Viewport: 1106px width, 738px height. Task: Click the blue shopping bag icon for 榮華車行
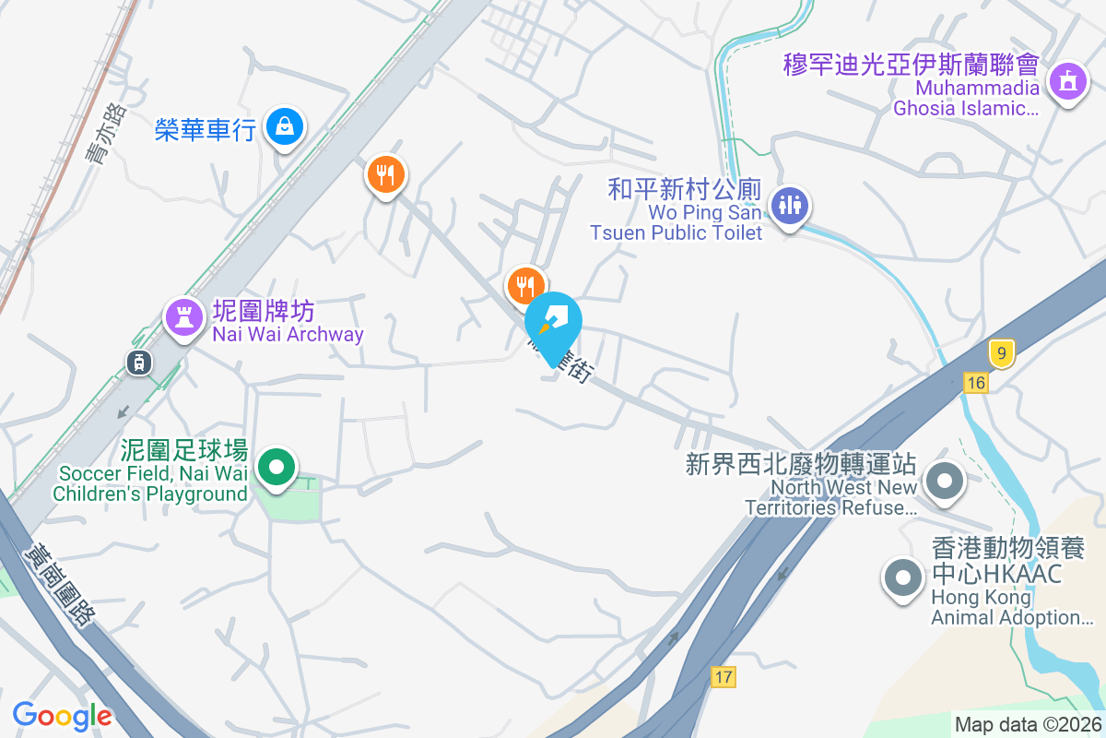285,126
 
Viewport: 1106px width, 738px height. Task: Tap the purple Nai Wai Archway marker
183,317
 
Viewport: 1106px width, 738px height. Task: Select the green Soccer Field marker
276,467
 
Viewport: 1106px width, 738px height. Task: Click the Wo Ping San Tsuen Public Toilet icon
789,206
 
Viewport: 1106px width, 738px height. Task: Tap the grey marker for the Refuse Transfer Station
944,481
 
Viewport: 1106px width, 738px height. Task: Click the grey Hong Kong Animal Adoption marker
902,578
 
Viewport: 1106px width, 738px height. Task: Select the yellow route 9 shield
1001,352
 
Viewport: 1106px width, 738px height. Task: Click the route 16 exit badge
976,383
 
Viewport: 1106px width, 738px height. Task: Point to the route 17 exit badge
724,677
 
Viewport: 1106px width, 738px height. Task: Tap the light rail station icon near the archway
139,363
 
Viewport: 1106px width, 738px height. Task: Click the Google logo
62,715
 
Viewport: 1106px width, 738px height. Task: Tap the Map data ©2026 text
1028,725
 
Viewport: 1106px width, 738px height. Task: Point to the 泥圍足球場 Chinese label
184,450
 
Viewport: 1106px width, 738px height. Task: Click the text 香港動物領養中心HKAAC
996,560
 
